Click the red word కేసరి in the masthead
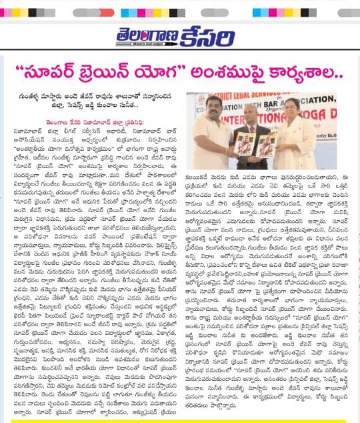pyautogui.click(x=221, y=35)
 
